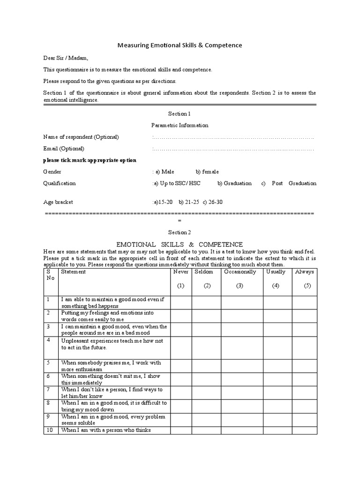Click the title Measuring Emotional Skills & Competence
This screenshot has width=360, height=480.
(179, 45)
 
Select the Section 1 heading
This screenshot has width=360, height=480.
(180, 114)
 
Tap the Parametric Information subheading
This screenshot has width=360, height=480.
(180, 126)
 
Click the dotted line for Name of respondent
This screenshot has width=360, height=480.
(233, 137)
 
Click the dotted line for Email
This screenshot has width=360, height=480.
(233, 149)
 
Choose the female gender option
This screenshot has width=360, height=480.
(207, 172)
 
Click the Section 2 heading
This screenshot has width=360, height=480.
(180, 232)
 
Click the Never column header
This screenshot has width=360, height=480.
(181, 272)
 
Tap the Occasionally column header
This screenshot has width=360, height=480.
(240, 272)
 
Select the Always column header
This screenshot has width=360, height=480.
(305, 272)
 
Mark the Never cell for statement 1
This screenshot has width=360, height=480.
(181, 302)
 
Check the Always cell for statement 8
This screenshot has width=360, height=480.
(305, 405)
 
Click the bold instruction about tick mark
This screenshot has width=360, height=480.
(90, 160)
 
